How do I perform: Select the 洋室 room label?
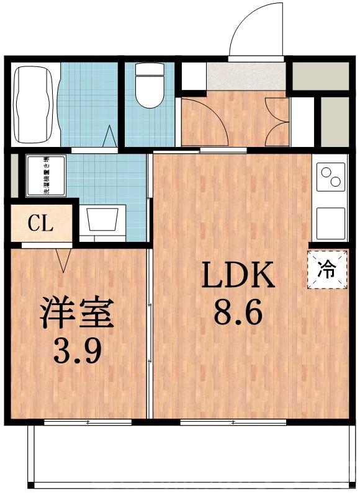pos(77,314)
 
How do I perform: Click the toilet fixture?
pos(148,90)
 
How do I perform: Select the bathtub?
pos(34,104)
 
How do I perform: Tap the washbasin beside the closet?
pos(103,220)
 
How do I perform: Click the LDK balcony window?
pos(233,422)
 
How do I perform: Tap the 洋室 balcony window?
pos(88,422)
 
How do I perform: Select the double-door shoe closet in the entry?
pos(276,122)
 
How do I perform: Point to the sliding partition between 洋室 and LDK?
pos(150,335)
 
